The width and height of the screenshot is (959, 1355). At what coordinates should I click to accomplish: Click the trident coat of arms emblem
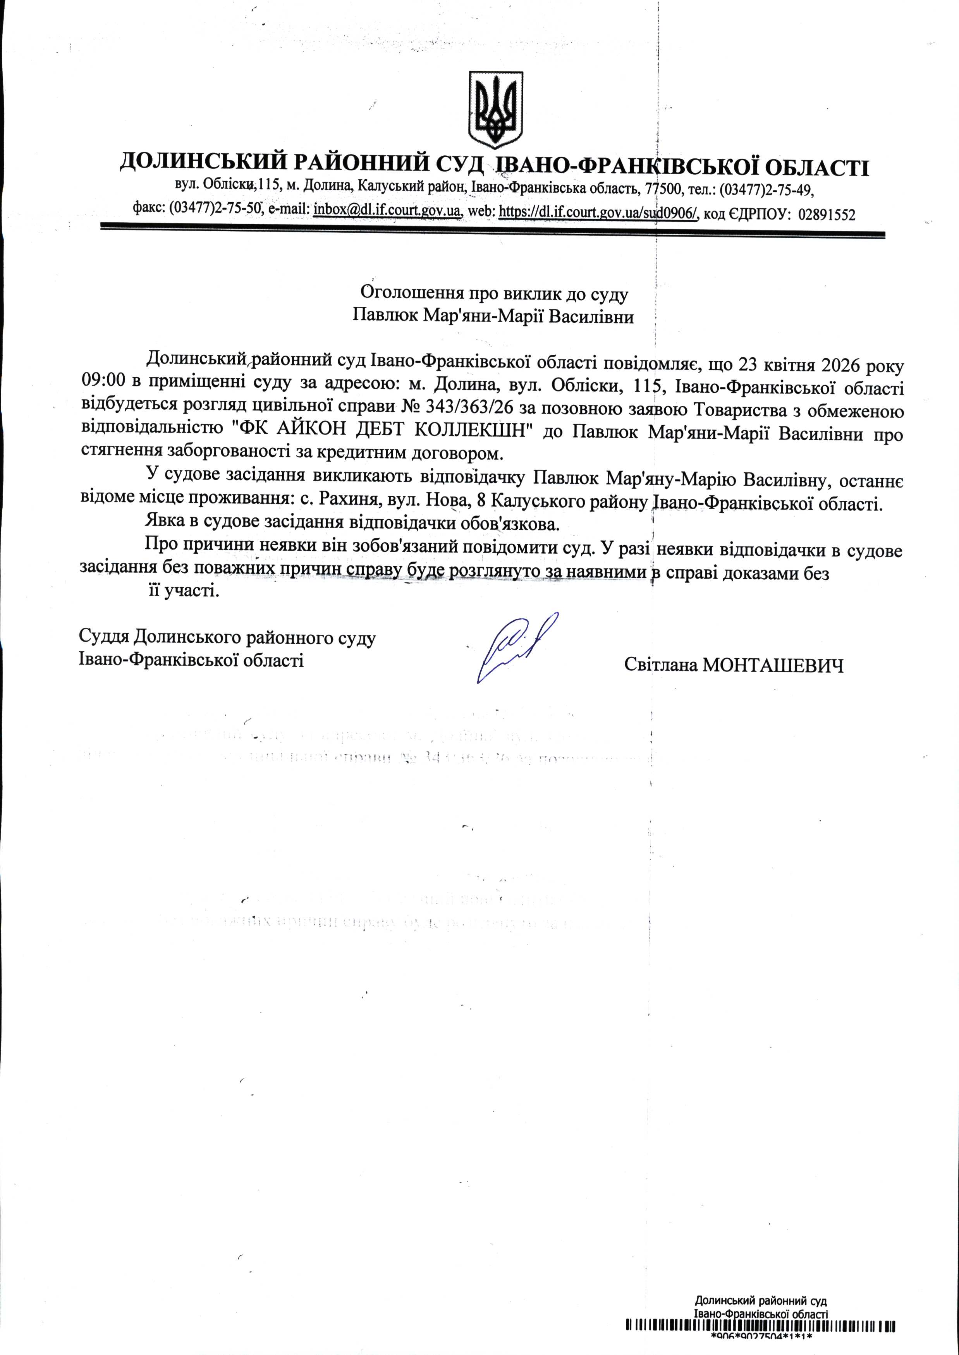pyautogui.click(x=495, y=110)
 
